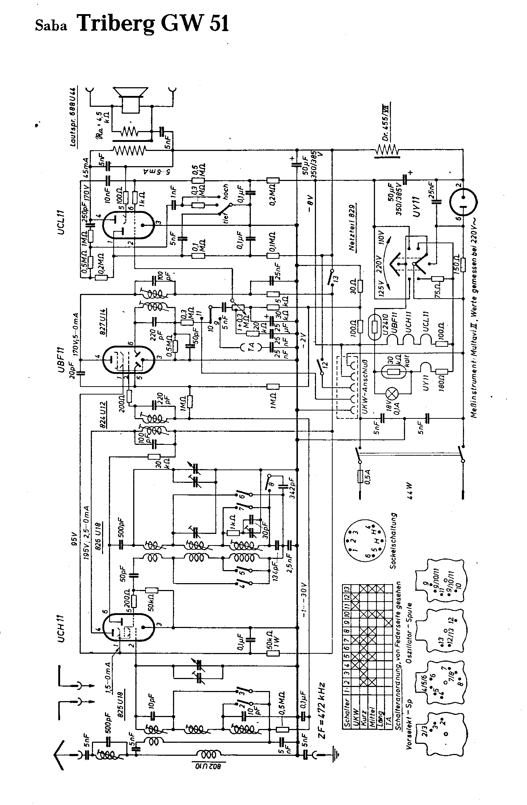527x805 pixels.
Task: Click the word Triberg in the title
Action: pyautogui.click(x=117, y=24)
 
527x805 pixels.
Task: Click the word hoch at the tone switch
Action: pyautogui.click(x=226, y=190)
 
